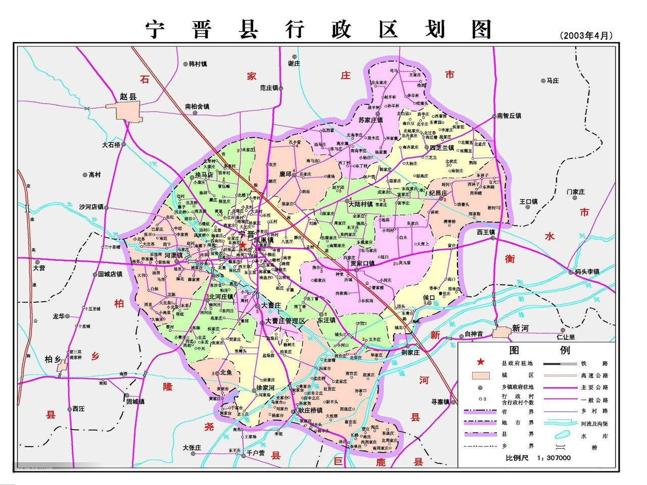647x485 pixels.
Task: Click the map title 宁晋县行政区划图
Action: (319, 29)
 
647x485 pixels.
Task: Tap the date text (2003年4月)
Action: (586, 36)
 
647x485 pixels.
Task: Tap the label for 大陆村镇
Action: (360, 204)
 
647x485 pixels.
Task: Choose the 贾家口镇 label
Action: (362, 263)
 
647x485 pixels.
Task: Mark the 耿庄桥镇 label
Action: (310, 410)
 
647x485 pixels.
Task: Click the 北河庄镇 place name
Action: (221, 296)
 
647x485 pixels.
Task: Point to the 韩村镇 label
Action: (198, 64)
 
